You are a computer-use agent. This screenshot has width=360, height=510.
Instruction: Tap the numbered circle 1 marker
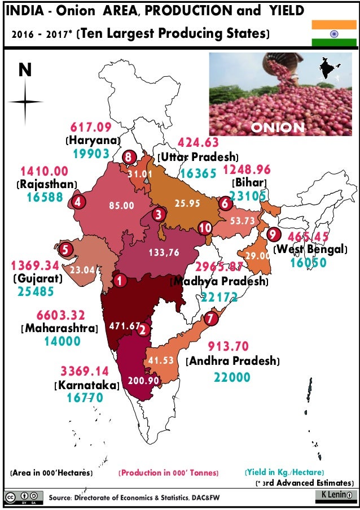[119, 279]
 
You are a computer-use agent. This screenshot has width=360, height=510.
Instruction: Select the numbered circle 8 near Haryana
[129, 157]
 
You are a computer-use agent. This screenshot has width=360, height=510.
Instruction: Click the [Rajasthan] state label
[47, 184]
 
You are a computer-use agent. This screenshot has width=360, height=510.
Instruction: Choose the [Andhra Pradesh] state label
[233, 360]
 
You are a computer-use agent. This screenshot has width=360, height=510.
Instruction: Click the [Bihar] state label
[249, 182]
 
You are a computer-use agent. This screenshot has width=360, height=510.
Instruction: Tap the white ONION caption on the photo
[277, 128]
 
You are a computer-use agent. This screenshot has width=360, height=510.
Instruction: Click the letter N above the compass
[25, 69]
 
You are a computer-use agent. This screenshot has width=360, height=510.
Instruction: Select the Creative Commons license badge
[23, 498]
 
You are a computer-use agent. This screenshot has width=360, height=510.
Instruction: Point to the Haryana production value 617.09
[91, 127]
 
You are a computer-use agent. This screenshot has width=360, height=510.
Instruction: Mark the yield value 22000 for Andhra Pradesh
[232, 377]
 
